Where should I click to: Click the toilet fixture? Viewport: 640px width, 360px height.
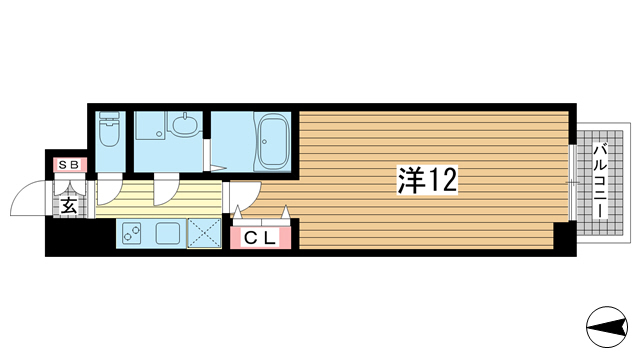coord(110,129)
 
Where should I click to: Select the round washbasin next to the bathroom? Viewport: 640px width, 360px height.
coord(186,124)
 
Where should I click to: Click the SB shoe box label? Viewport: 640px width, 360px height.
coord(69,165)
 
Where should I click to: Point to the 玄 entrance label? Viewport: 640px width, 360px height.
coord(69,206)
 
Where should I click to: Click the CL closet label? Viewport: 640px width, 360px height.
coord(260,238)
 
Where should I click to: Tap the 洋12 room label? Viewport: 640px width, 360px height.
coord(427,180)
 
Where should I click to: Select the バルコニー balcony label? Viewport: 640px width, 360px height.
coord(600,181)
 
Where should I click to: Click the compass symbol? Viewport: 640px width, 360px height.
coord(607,327)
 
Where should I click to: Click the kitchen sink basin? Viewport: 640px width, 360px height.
coord(168,233)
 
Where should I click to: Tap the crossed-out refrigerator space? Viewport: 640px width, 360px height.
coord(204,233)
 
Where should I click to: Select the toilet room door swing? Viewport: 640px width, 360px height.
coord(109,189)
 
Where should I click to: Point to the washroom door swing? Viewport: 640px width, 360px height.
coord(166,189)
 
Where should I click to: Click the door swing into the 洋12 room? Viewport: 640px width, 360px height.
coord(246,196)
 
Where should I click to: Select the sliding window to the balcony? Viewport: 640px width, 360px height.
coord(572,183)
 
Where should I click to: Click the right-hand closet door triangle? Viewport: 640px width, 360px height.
coord(285,212)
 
